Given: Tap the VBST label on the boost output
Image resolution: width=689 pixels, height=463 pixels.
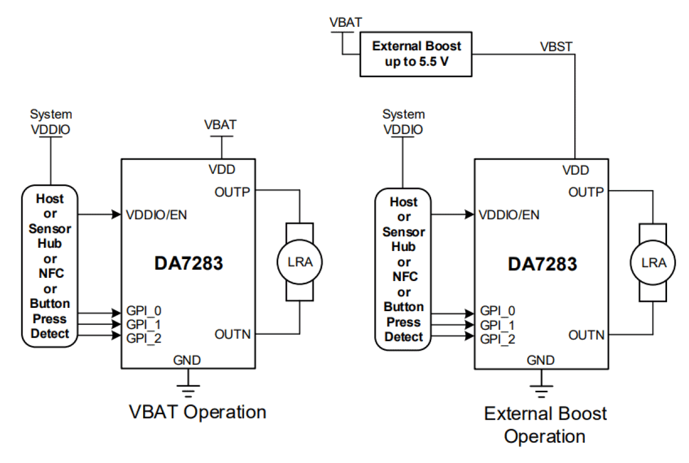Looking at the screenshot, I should point(556,47).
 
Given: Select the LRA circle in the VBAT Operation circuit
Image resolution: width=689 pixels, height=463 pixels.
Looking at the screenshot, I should point(299,262).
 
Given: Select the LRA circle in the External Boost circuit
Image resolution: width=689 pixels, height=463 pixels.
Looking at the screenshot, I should point(653,263).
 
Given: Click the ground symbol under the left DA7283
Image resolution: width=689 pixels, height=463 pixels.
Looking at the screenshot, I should point(188,388).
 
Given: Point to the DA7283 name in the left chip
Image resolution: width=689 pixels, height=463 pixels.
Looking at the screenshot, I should point(188,264).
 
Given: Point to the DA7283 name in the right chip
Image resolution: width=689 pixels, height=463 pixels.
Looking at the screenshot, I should point(542,265).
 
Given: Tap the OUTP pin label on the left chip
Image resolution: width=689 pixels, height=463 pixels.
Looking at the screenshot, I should point(232,192).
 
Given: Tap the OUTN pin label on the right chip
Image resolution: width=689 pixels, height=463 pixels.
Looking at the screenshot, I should point(586,335).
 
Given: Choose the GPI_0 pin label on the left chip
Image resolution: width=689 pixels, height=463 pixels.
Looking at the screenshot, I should point(144,310).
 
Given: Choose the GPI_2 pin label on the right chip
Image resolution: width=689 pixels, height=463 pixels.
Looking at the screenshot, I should point(498,339).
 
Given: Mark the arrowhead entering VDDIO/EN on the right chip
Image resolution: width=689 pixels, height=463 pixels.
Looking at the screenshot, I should point(470,215).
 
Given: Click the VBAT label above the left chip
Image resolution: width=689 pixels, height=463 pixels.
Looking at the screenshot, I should point(221,124).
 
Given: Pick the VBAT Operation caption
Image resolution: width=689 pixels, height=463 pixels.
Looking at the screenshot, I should point(197,411).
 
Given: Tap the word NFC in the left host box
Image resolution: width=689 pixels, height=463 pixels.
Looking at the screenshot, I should point(50,274).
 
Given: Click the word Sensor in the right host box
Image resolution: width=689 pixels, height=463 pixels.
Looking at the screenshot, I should point(404,232).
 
